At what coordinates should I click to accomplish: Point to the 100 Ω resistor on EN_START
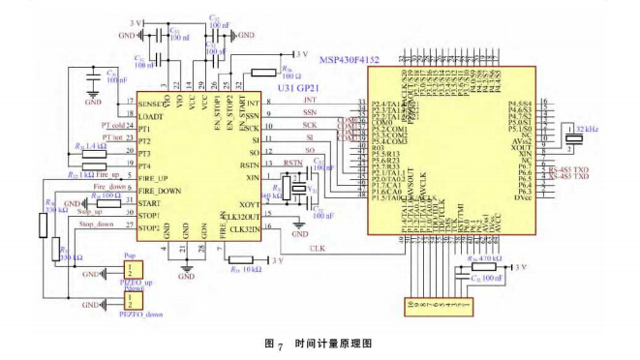pyautogui.click(x=264, y=73)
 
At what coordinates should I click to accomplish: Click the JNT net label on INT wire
pyautogui.click(x=309, y=99)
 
